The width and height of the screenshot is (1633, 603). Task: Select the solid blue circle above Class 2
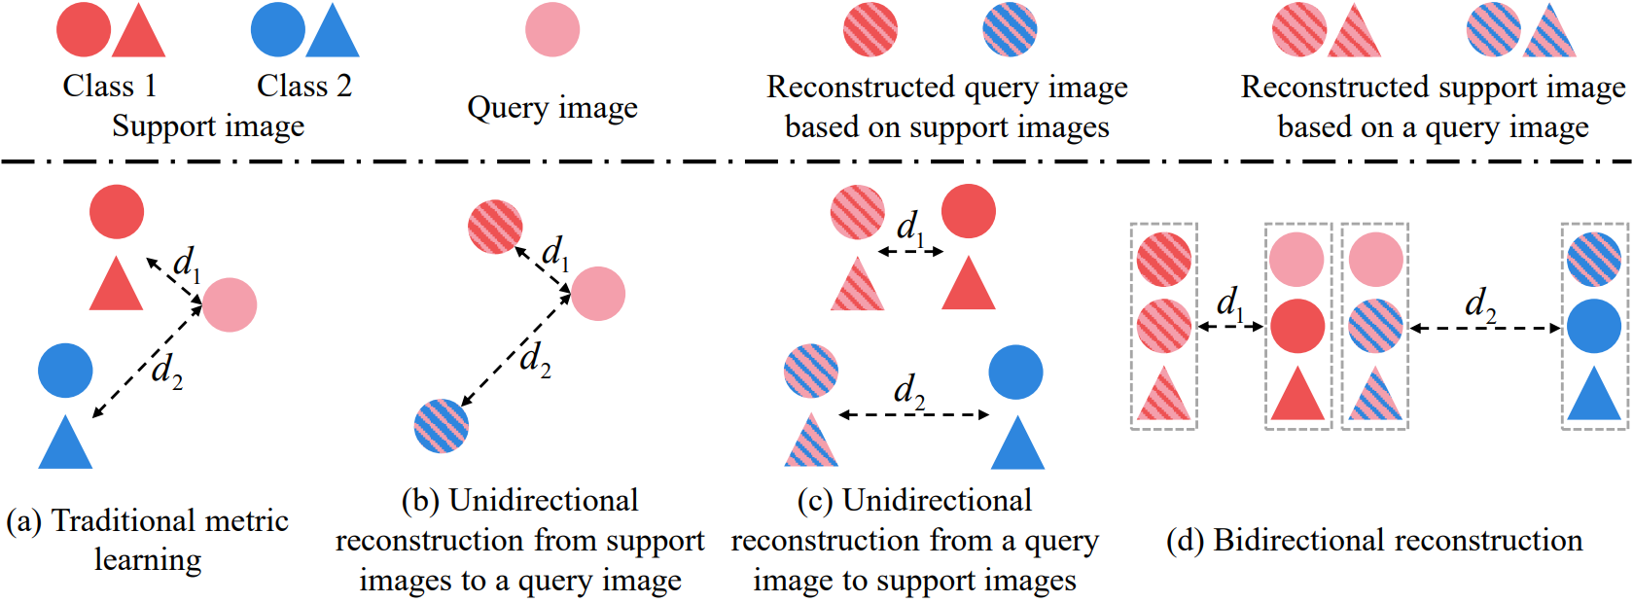278,30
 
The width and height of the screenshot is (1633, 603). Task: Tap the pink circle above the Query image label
552,30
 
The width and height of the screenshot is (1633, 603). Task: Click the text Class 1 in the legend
110,86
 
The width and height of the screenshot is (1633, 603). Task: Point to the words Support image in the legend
208,126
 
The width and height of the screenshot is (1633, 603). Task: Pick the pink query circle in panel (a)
230,304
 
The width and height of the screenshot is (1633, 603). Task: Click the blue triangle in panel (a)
65,442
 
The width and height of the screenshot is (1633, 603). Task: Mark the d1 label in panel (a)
187,264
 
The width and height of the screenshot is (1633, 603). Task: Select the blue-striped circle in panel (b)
441,426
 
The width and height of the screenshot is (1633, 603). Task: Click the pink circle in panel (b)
598,294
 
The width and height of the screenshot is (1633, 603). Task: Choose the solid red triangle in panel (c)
968,283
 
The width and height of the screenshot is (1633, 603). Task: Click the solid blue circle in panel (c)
1016,372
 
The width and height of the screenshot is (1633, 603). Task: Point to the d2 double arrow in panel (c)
913,415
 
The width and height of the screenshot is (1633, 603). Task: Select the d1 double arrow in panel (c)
910,252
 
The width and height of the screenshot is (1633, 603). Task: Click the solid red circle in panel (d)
1296,326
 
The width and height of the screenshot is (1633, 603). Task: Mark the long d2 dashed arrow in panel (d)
1485,329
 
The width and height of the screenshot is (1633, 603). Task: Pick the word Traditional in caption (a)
124,520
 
